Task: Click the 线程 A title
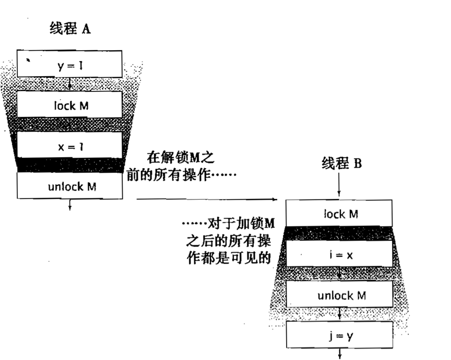(70, 29)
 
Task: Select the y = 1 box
(69, 64)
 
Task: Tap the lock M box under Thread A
(69, 104)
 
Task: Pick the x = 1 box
(69, 145)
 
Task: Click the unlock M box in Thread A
(70, 185)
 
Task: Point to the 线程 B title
(342, 164)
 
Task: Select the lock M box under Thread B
(339, 213)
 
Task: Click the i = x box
(339, 253)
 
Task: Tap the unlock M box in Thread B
(339, 294)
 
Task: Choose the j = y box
(340, 334)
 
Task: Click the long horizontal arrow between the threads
(207, 199)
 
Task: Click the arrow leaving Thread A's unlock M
(69, 204)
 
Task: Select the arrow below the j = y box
(340, 354)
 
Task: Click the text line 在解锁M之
(181, 157)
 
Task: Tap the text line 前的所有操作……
(181, 175)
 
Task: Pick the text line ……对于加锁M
(229, 223)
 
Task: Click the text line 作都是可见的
(229, 258)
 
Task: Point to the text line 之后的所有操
(229, 240)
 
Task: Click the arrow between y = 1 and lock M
(69, 84)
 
